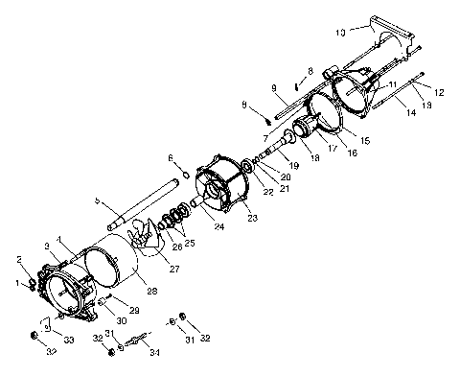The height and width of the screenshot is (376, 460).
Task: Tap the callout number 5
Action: (x=96, y=200)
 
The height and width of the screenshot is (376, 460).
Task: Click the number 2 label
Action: (x=19, y=259)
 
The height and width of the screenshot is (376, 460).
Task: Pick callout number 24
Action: (x=219, y=228)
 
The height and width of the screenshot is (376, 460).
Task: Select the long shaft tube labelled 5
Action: (x=144, y=202)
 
